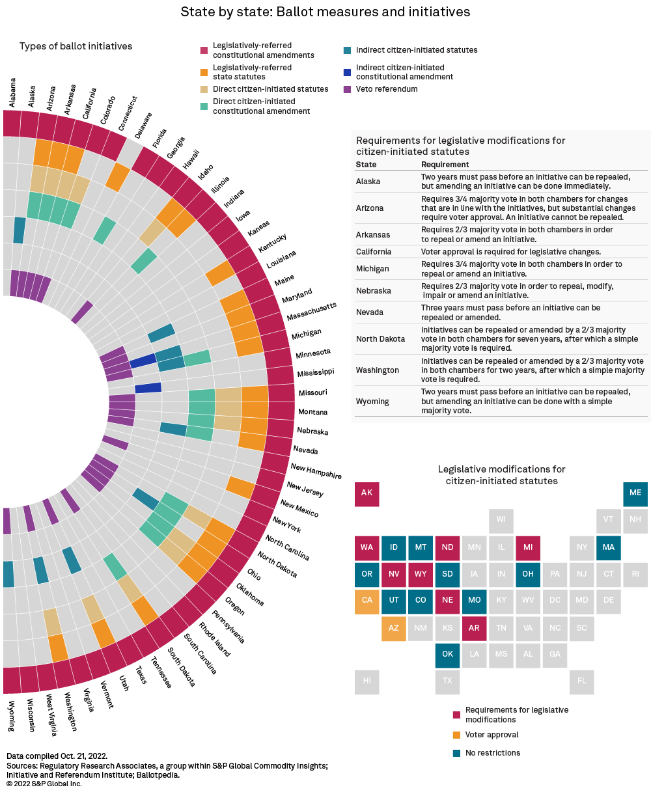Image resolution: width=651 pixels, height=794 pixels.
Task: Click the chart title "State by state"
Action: [x=325, y=12]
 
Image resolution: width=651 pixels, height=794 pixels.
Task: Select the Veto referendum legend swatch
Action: [x=347, y=89]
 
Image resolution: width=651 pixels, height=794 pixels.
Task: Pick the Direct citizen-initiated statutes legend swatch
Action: [x=204, y=89]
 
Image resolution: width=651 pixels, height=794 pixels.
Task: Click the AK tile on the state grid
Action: [x=367, y=493]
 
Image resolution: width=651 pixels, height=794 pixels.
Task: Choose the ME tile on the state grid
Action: [x=635, y=493]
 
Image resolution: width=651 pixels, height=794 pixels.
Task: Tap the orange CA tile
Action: [x=367, y=601]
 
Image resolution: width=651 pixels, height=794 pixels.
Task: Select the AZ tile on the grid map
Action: [x=393, y=627]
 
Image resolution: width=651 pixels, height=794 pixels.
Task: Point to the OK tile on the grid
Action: [x=447, y=654]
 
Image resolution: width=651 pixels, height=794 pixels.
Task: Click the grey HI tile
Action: [x=367, y=681]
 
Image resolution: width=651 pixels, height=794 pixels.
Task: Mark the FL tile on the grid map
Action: [x=581, y=681]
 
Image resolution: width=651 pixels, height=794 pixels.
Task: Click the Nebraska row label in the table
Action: [x=370, y=290]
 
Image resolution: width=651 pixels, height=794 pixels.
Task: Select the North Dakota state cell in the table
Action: [x=380, y=339]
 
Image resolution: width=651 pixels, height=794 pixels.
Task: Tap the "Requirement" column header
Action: [x=445, y=165]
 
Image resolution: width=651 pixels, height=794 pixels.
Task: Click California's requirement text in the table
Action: [x=510, y=252]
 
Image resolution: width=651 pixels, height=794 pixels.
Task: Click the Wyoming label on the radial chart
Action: [x=12, y=716]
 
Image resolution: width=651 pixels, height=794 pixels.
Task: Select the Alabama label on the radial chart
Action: [x=12, y=92]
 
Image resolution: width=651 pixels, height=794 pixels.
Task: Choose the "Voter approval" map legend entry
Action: [x=492, y=735]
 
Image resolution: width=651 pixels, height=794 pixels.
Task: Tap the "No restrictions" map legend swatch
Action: [x=456, y=753]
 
